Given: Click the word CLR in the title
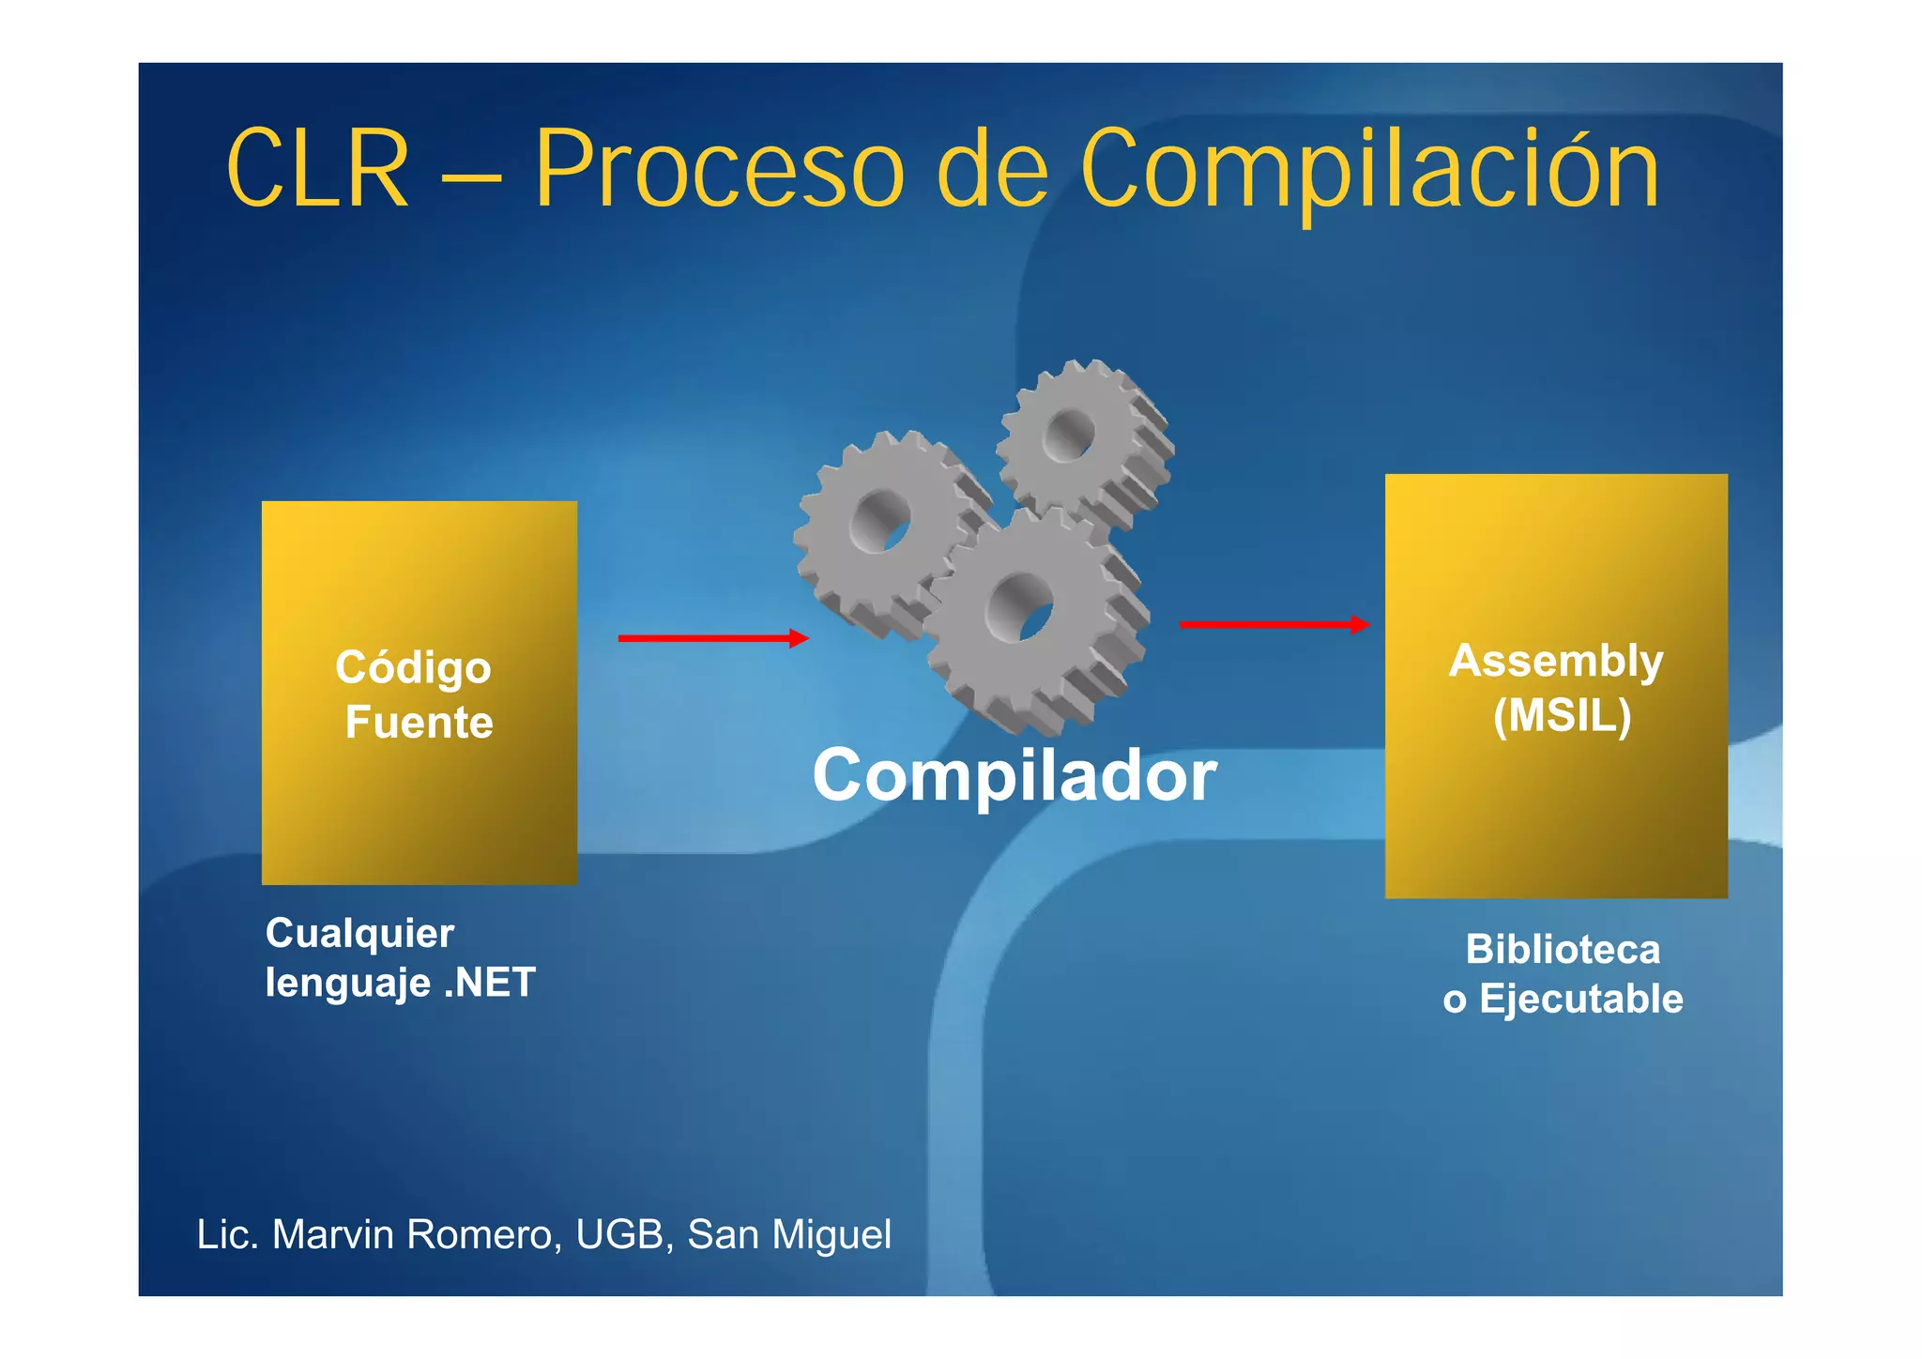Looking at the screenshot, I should (317, 170).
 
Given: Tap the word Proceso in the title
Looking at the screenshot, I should (719, 170).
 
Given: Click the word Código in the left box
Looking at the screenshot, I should (413, 668).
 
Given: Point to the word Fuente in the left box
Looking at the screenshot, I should (419, 723).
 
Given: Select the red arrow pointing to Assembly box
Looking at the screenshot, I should (1274, 624).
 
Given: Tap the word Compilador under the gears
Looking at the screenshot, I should (1014, 776).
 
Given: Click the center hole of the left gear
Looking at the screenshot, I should (883, 522).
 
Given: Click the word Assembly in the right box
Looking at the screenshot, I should (1555, 661).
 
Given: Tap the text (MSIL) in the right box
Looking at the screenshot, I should (1562, 716).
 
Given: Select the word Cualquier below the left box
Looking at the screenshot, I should (359, 934).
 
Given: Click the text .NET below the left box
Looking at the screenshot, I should (489, 983).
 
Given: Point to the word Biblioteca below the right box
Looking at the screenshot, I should (1563, 950).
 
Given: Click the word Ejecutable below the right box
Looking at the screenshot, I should (1580, 999).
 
